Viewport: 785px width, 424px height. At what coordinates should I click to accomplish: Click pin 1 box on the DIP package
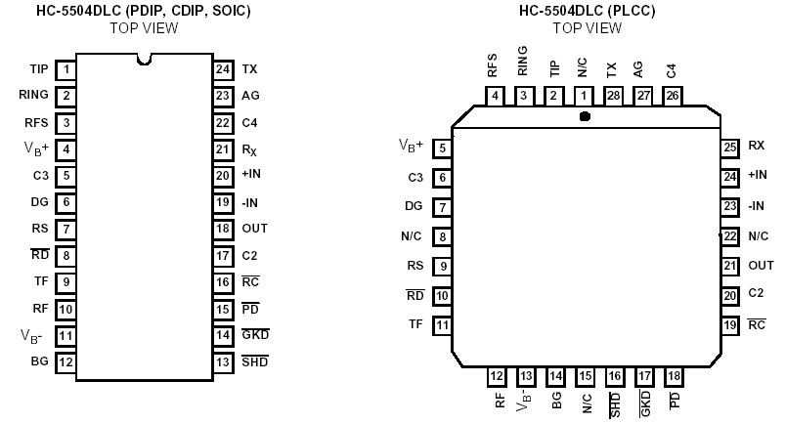pos(66,69)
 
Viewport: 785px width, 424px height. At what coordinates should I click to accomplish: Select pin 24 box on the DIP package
pos(223,69)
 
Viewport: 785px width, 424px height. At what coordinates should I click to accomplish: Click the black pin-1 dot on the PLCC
pos(584,116)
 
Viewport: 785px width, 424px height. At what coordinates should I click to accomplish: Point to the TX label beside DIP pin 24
pos(249,69)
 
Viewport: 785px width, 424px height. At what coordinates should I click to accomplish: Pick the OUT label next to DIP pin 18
pos(254,229)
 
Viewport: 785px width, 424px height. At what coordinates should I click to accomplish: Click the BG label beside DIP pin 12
pos(39,361)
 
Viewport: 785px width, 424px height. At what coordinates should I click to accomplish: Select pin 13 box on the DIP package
pos(223,361)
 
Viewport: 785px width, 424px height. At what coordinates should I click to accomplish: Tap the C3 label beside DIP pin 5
pos(39,176)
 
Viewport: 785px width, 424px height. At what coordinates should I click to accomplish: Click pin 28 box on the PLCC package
pos(612,95)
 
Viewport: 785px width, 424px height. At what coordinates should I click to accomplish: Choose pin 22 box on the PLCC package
pos(729,235)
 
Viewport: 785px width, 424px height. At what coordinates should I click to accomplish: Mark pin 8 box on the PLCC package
pos(443,235)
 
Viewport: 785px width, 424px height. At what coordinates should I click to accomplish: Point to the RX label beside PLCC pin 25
pos(756,147)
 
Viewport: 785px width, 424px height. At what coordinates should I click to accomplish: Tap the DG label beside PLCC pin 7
pos(414,206)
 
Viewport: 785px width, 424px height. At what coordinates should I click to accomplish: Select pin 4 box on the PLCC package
pos(497,95)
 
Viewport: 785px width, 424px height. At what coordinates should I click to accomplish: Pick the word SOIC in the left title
pos(229,11)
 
